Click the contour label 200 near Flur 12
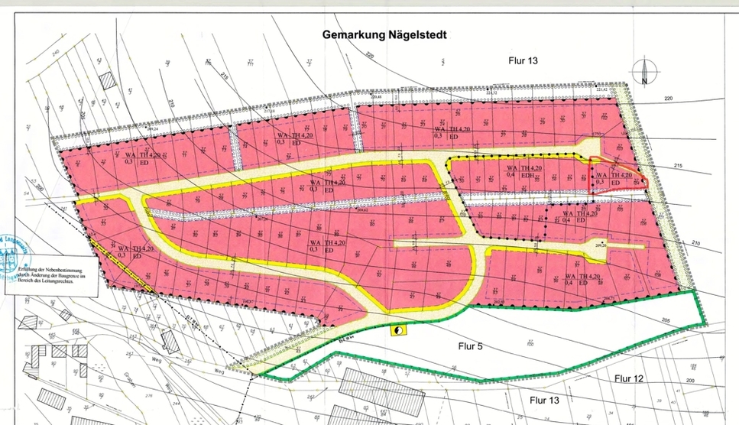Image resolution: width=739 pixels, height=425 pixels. pyautogui.click(x=690, y=380)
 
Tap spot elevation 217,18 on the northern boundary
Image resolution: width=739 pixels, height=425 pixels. pyautogui.click(x=269, y=112)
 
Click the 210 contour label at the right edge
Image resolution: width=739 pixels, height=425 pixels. pyautogui.click(x=695, y=243)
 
